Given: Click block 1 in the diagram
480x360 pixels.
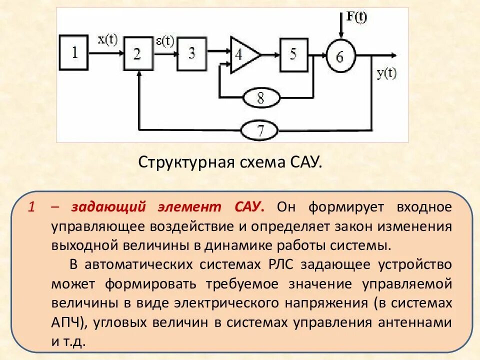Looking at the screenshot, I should tap(75, 51).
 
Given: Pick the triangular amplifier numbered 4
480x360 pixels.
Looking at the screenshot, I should tap(242, 54).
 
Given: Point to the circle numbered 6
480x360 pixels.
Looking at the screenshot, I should tap(340, 56).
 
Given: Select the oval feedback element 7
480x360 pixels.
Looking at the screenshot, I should tap(260, 131).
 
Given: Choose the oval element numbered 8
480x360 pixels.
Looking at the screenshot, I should tap(260, 97).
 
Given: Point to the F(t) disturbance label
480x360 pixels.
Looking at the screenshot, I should tap(356, 17).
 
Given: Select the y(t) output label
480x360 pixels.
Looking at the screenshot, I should tap(385, 74).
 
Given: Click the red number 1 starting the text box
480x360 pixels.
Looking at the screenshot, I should tap(31, 206).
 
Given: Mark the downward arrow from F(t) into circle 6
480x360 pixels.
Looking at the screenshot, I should tap(340, 30).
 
